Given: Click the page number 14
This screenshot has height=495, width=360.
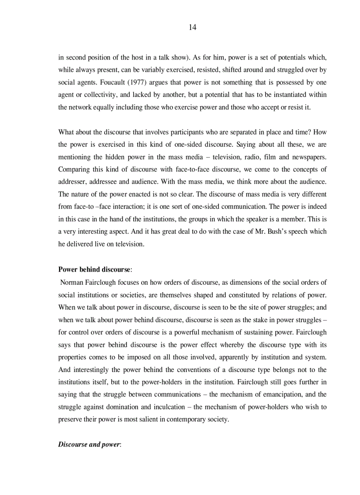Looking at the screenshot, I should (192, 27).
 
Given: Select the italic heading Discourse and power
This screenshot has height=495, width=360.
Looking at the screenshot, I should (89, 444).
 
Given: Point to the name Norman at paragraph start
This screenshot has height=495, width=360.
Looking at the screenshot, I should (71, 282).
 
